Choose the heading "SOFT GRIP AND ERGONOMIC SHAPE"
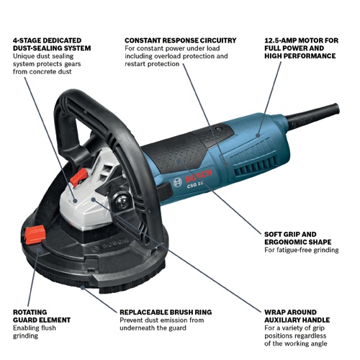pyautogui.click(x=297, y=238)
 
